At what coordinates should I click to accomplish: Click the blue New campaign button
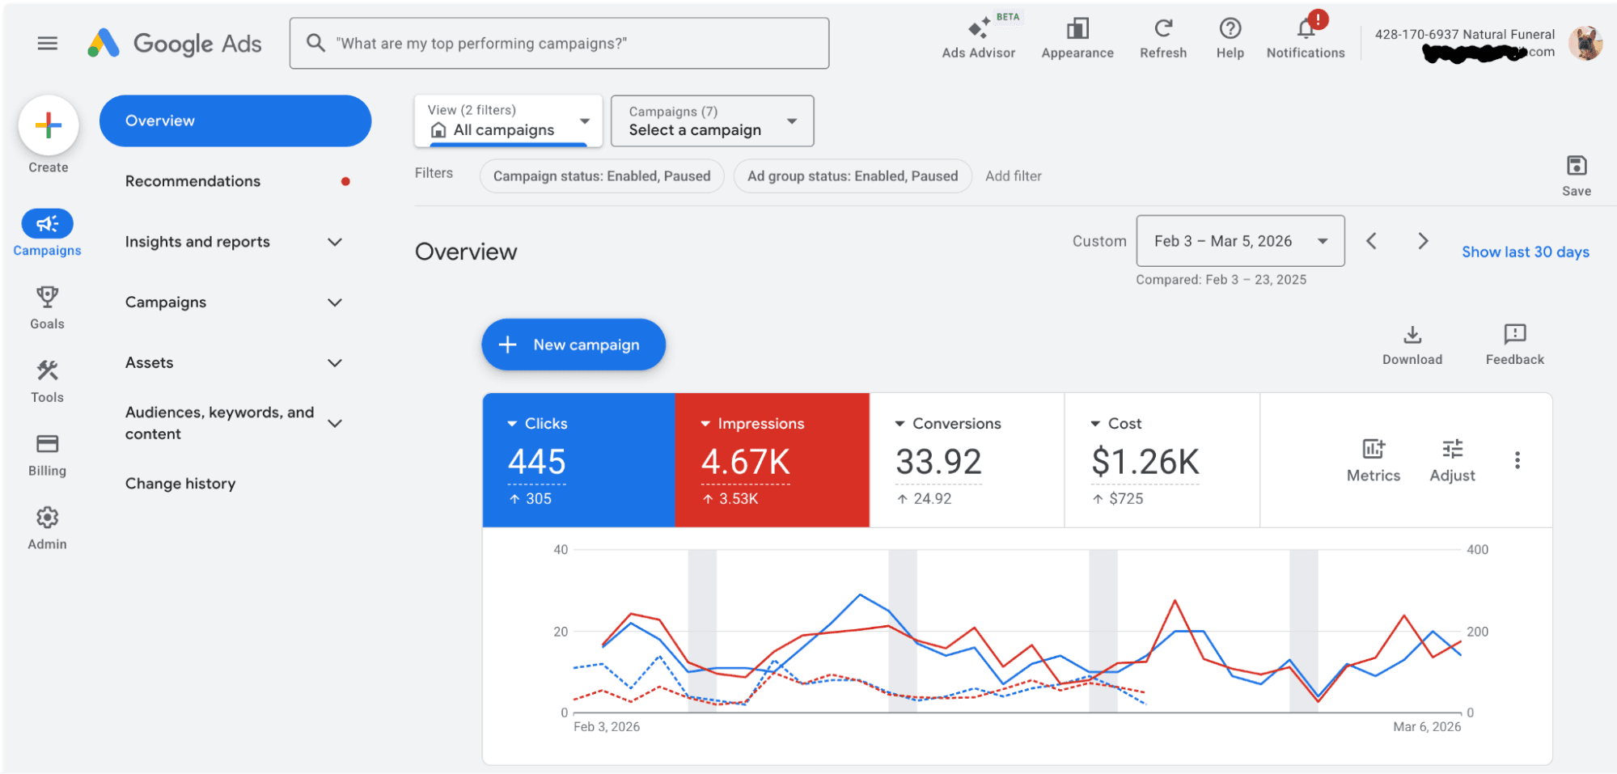[573, 345]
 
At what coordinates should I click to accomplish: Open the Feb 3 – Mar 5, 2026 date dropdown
[1240, 241]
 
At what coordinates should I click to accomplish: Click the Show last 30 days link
[1525, 252]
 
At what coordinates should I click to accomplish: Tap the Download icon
[1412, 335]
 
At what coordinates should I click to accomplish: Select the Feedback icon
[1514, 335]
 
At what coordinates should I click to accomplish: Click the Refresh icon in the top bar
[1162, 29]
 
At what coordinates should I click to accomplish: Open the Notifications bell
[1306, 29]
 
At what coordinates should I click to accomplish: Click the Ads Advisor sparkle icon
[979, 29]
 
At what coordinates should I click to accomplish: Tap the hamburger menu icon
[48, 44]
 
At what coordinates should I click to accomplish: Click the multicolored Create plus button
[49, 125]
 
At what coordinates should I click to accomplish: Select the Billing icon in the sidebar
[48, 444]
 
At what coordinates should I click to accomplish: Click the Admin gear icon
[48, 518]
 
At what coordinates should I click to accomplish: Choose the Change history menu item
[180, 484]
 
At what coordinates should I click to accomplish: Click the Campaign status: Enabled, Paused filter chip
[601, 176]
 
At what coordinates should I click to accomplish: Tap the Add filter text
[1013, 176]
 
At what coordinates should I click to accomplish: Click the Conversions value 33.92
[938, 463]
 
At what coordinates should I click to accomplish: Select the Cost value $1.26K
[1145, 463]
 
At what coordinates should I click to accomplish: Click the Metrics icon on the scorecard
[1373, 450]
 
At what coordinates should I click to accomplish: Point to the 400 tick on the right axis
[1477, 550]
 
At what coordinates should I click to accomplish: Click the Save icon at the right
[1576, 167]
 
